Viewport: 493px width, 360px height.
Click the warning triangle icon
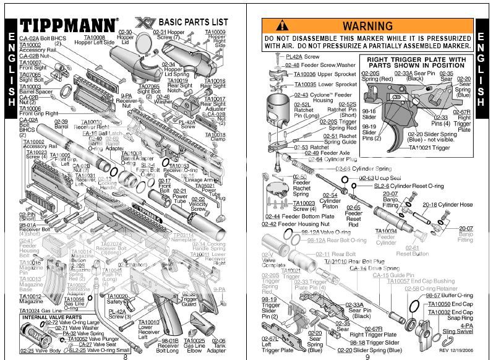click(x=282, y=26)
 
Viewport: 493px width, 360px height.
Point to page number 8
click(x=126, y=356)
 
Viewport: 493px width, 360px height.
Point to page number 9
click(x=367, y=356)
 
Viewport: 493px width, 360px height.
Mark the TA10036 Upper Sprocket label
click(x=322, y=74)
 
